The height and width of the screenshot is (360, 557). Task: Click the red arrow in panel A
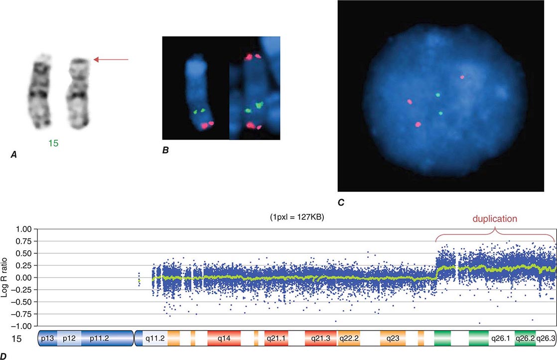pyautogui.click(x=111, y=60)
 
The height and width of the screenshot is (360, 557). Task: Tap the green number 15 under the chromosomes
pyautogui.click(x=53, y=143)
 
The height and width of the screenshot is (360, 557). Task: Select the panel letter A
pyautogui.click(x=14, y=155)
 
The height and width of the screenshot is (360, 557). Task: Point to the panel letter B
pyautogui.click(x=165, y=150)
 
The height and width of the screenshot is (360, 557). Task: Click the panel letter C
pyautogui.click(x=341, y=202)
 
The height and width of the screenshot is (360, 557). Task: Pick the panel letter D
pyautogui.click(x=3, y=356)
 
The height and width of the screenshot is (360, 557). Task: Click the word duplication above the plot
pyautogui.click(x=495, y=219)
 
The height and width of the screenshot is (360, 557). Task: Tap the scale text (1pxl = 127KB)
pyautogui.click(x=297, y=217)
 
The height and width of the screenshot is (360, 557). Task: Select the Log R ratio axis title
pyautogui.click(x=5, y=277)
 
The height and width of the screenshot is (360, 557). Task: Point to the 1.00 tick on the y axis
pyautogui.click(x=24, y=229)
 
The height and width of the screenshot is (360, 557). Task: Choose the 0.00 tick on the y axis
pyautogui.click(x=24, y=278)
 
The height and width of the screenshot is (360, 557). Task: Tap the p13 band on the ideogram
pyautogui.click(x=48, y=339)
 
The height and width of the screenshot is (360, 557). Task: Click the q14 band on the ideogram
pyautogui.click(x=224, y=339)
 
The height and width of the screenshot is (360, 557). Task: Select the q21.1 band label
pyautogui.click(x=276, y=339)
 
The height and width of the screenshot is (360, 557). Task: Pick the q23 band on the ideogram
pyautogui.click(x=393, y=339)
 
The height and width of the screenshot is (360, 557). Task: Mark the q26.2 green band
pyautogui.click(x=525, y=339)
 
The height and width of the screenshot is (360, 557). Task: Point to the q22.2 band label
pyautogui.click(x=348, y=339)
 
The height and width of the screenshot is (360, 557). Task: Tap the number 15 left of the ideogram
pyautogui.click(x=16, y=339)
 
